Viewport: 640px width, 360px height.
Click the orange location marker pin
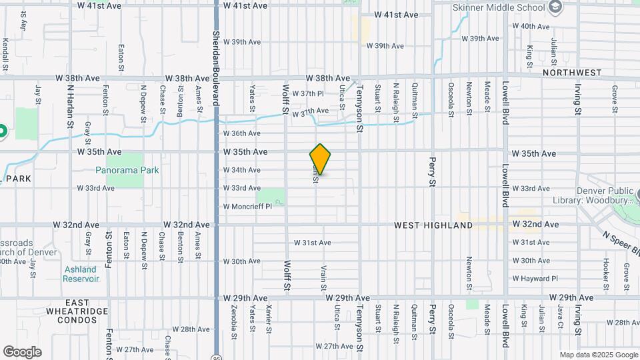pos(320,159)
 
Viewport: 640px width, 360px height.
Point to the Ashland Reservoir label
pos(81,274)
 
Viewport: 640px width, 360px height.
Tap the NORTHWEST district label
pos(571,72)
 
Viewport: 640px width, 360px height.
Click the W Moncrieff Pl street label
pos(247,207)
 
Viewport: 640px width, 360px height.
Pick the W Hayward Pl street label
pos(535,278)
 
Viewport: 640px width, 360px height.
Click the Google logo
pos(22,352)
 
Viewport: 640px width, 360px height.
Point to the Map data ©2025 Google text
pos(598,355)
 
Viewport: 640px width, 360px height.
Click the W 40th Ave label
pos(531,27)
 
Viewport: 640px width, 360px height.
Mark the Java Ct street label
pos(561,315)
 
